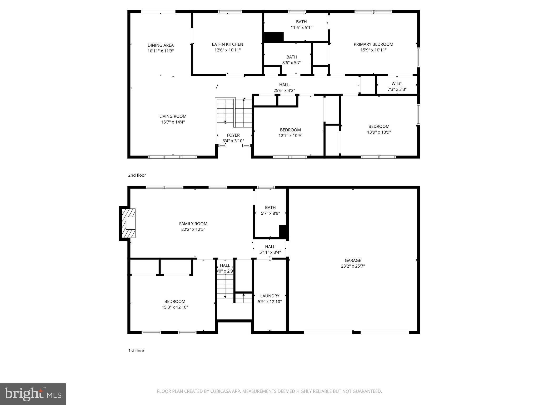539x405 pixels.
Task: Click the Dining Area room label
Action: click(161, 45)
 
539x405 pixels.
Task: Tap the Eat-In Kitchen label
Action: click(227, 44)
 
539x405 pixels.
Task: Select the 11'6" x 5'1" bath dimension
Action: click(301, 27)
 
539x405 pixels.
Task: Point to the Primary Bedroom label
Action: click(373, 44)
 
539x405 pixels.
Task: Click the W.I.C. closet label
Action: click(397, 84)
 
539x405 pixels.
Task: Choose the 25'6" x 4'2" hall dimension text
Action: click(284, 90)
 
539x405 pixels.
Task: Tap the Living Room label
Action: click(173, 116)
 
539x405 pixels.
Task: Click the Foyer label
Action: click(233, 135)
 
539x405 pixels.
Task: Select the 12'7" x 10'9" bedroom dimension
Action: click(290, 136)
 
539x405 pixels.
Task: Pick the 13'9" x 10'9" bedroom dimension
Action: click(379, 132)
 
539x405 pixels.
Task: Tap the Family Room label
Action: click(193, 224)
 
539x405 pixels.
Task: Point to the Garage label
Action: click(353, 260)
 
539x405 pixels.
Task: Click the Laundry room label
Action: click(269, 296)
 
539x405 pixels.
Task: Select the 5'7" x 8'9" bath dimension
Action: click(270, 213)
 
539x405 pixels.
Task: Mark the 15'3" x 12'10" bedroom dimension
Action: click(175, 307)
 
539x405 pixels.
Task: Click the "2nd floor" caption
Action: click(137, 175)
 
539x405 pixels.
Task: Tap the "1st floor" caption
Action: click(136, 351)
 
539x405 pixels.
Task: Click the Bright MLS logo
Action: click(33, 394)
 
